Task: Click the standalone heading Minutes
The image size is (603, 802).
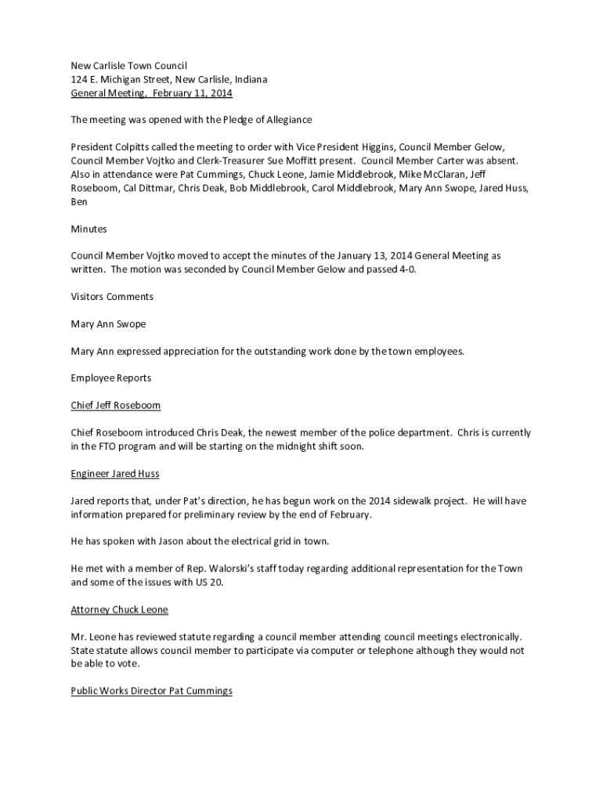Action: [88, 229]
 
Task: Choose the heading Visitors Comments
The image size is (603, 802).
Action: [112, 297]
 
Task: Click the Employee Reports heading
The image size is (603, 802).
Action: [111, 378]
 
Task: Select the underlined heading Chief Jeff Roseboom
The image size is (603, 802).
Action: [116, 406]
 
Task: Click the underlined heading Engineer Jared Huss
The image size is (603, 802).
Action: [115, 474]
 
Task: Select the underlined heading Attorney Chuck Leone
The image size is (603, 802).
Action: [120, 609]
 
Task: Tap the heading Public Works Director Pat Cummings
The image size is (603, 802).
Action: [152, 691]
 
